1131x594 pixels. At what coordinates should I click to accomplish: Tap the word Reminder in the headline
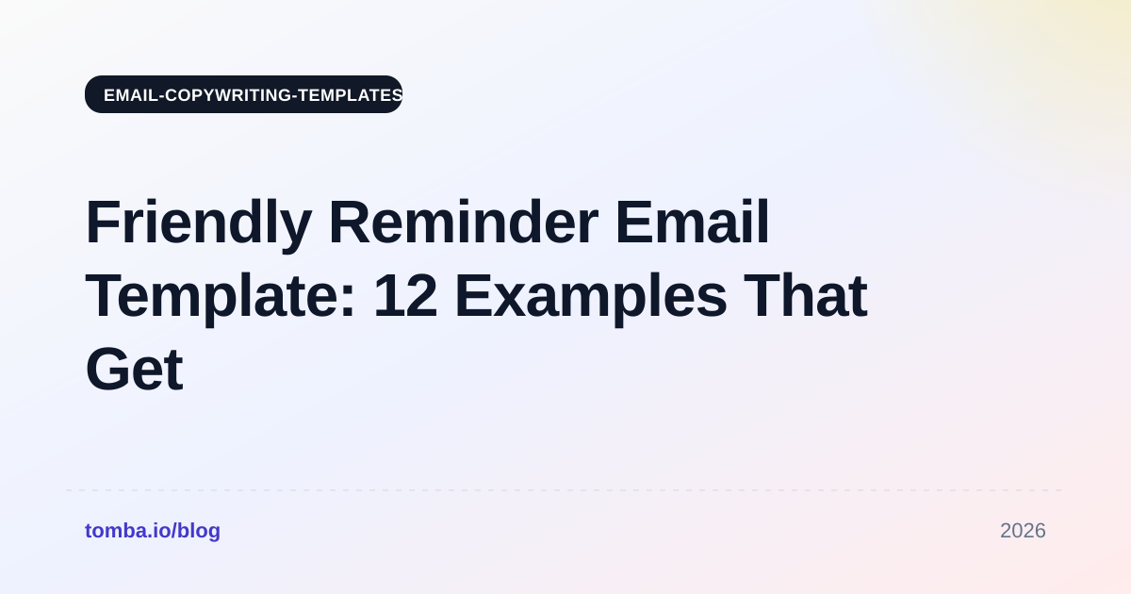pos(464,223)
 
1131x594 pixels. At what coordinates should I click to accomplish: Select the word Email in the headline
pos(692,223)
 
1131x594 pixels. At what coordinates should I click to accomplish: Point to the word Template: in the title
pos(221,298)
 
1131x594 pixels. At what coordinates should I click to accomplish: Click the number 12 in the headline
pos(405,295)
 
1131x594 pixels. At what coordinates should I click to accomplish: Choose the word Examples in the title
pos(591,298)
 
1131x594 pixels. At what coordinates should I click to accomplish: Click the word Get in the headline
pos(134,370)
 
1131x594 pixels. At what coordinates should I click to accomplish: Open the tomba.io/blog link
pos(153,531)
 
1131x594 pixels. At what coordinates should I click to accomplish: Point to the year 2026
pos(1023,531)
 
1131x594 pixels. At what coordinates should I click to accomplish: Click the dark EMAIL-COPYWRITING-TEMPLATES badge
pos(243,94)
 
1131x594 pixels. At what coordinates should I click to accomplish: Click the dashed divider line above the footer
pos(564,490)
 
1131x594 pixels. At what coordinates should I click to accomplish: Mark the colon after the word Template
pos(348,303)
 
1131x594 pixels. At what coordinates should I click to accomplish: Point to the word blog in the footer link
pos(199,531)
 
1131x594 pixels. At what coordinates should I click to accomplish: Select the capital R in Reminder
pos(350,222)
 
